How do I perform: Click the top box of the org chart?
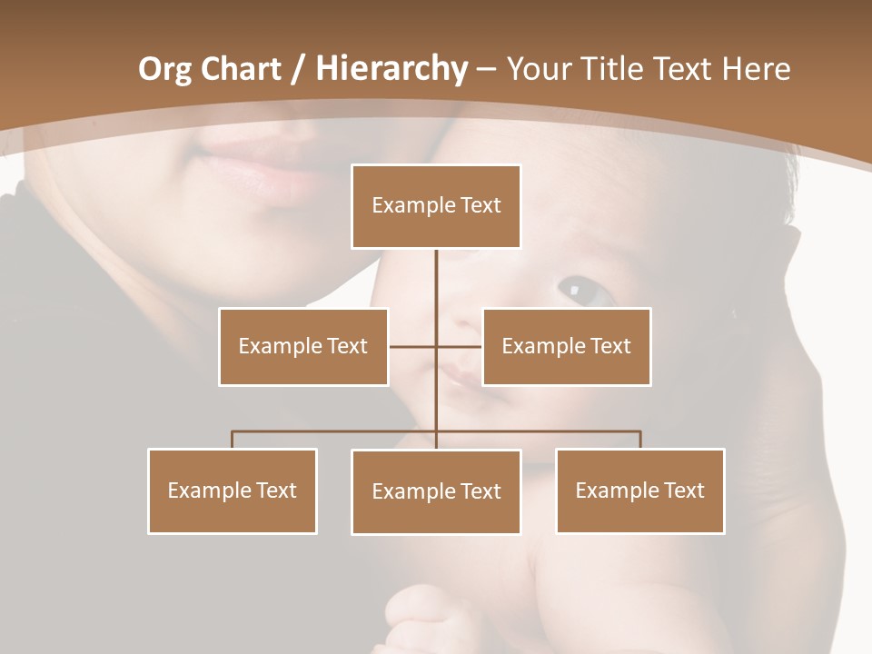pyautogui.click(x=436, y=206)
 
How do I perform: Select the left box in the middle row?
pyautogui.click(x=303, y=346)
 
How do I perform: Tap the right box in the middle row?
pyautogui.click(x=566, y=346)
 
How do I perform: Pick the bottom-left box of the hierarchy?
pyautogui.click(x=233, y=490)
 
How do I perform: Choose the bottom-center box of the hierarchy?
pyautogui.click(x=436, y=491)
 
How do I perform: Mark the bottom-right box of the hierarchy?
pyautogui.click(x=639, y=490)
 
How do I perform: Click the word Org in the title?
pyautogui.click(x=165, y=69)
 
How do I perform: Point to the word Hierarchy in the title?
pyautogui.click(x=391, y=69)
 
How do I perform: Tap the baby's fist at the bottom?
pyautogui.click(x=427, y=618)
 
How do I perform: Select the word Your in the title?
pyautogui.click(x=541, y=69)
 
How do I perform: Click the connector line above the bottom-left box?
pyautogui.click(x=233, y=440)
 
